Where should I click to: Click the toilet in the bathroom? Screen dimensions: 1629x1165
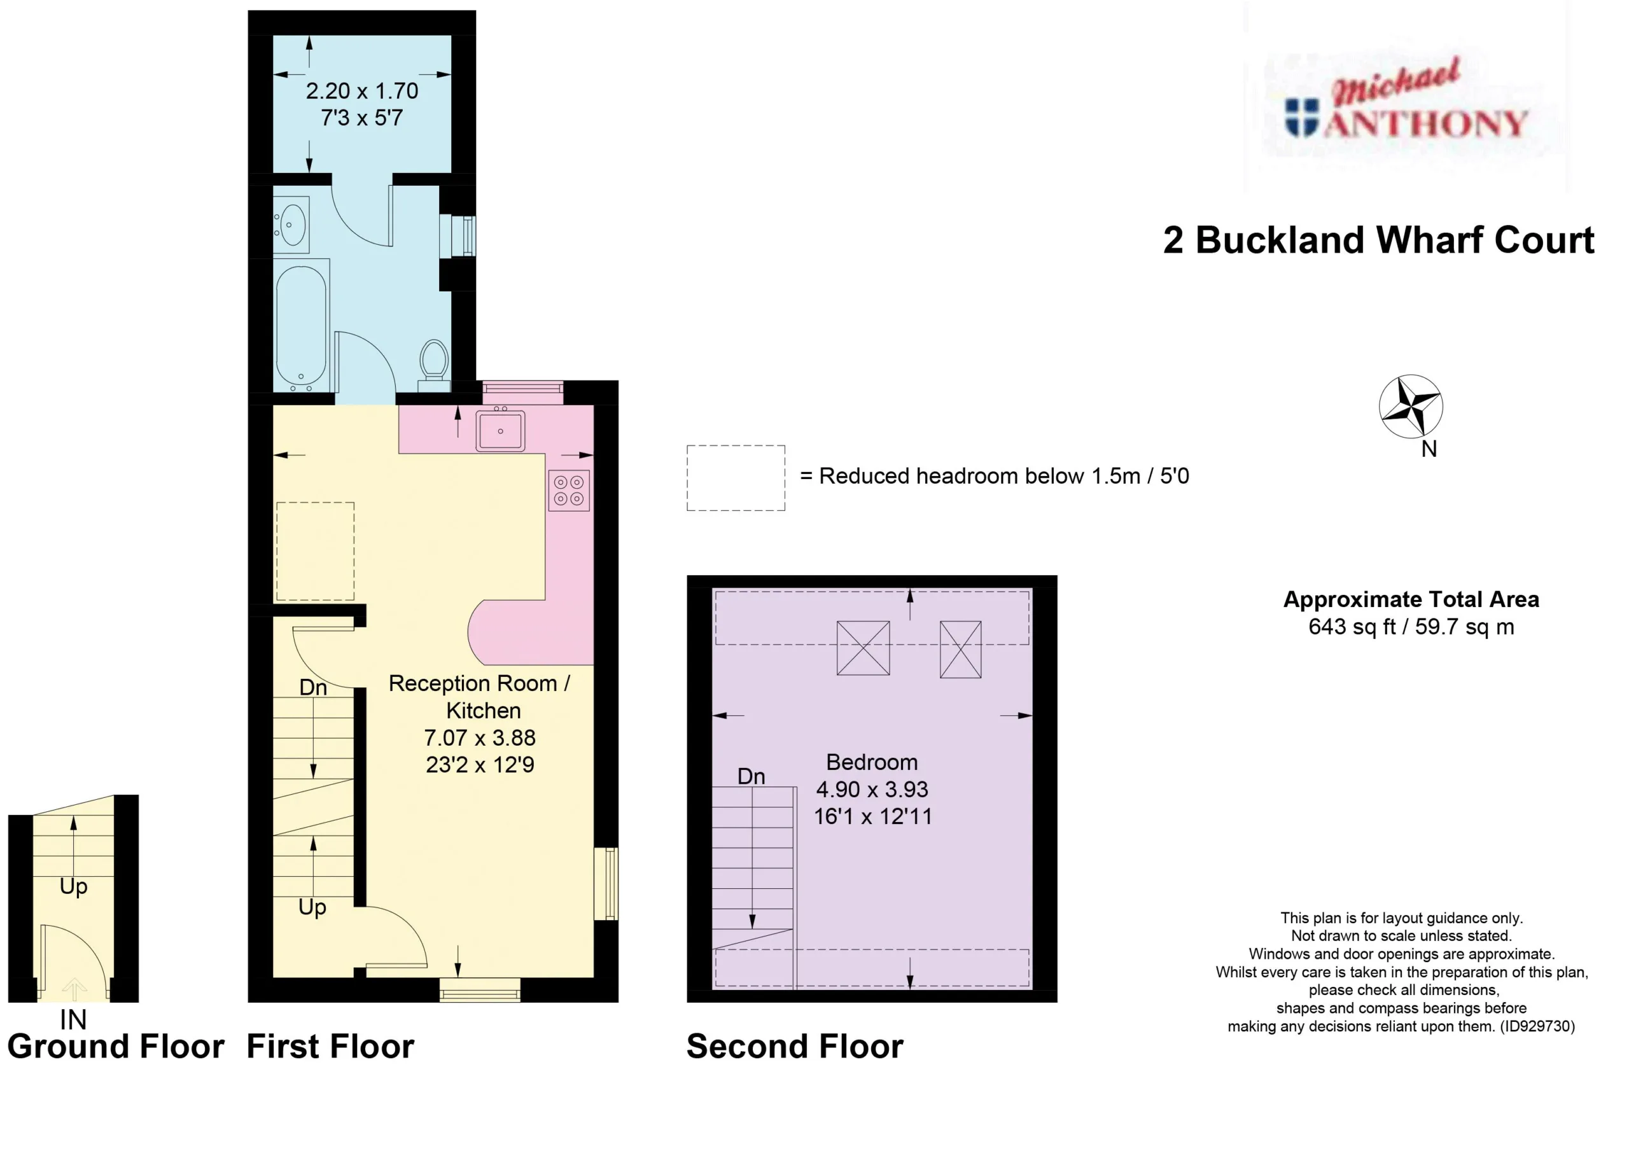434,366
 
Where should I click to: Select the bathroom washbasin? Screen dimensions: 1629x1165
291,225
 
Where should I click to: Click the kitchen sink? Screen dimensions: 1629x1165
501,429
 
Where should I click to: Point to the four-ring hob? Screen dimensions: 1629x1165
569,490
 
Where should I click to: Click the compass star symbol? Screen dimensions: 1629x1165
1411,406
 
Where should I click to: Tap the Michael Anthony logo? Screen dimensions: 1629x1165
1406,106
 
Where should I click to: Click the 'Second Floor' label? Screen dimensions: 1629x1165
795,1047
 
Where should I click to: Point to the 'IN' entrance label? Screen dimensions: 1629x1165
73,1019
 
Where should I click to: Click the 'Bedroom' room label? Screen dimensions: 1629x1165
872,762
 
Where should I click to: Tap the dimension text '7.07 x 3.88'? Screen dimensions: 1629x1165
480,737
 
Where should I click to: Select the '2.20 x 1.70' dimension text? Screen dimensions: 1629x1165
362,91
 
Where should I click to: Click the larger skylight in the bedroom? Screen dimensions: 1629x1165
863,648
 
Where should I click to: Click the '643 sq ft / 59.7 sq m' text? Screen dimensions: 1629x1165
1411,627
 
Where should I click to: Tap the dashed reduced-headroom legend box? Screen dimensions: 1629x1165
736,478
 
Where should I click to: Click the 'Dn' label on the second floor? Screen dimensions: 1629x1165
751,776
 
